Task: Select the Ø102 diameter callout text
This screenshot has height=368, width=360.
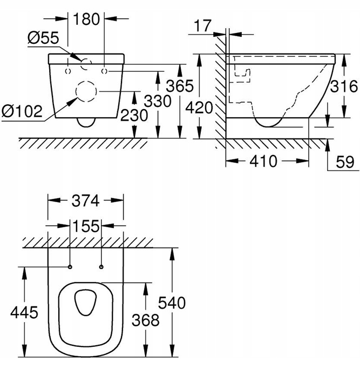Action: click(22, 111)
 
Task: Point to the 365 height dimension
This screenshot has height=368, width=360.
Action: click(180, 86)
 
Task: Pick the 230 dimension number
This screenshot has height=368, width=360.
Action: click(134, 116)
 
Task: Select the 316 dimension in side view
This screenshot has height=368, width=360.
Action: click(343, 86)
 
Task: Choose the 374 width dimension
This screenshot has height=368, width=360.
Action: click(86, 200)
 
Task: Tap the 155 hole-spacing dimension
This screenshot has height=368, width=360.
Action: click(86, 226)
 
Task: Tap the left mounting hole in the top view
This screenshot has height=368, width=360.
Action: click(70, 266)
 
